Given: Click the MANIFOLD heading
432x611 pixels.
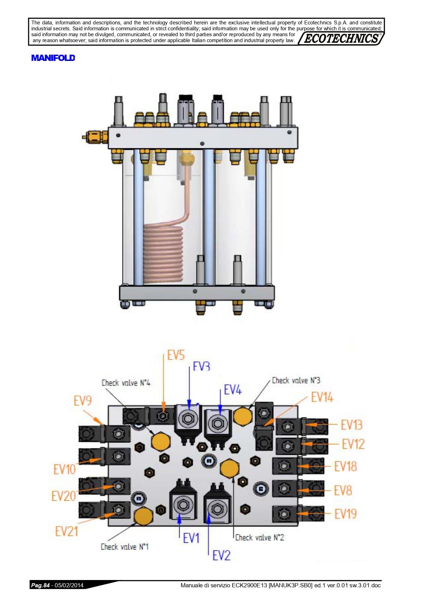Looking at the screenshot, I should pos(53,58).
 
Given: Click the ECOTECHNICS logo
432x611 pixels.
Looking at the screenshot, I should pos(341,38).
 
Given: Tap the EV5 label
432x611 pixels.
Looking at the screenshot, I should pos(176,355).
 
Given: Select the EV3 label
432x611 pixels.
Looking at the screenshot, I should pos(202,366).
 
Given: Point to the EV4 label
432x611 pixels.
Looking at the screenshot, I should pos(233,390).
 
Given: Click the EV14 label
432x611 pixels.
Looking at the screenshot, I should pos(322,397).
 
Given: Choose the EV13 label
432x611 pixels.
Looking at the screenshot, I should pos(352,425).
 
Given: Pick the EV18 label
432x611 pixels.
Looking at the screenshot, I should pos(346,467).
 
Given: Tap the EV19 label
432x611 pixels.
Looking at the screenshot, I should pos(346,514).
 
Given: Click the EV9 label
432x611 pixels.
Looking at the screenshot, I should pos(83,401).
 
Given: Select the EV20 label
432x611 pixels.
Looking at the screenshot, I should pos(64,496).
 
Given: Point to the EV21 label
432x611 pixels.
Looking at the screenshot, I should pos(66,531).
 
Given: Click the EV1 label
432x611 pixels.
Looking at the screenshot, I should pos(191,538).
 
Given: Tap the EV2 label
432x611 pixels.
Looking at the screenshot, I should pos(221,555).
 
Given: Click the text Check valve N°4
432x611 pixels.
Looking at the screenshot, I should pos(126,383).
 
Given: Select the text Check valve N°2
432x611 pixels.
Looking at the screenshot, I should pos(260,538).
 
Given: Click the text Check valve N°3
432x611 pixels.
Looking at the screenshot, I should pos(296,380).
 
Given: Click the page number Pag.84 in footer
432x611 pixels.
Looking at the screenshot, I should pos(40,585).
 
